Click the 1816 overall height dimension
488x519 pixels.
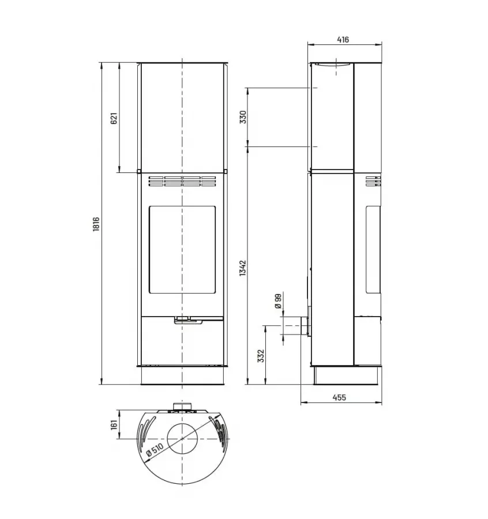point(96,225)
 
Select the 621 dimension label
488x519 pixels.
point(114,118)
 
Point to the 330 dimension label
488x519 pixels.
point(243,117)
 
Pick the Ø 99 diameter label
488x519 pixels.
point(278,302)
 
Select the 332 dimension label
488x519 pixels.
point(261,356)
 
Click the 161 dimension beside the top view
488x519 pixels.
point(114,425)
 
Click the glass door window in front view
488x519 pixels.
point(182,250)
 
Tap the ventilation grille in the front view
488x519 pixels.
point(182,182)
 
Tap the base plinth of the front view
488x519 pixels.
point(182,375)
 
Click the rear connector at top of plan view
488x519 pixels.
point(182,408)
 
